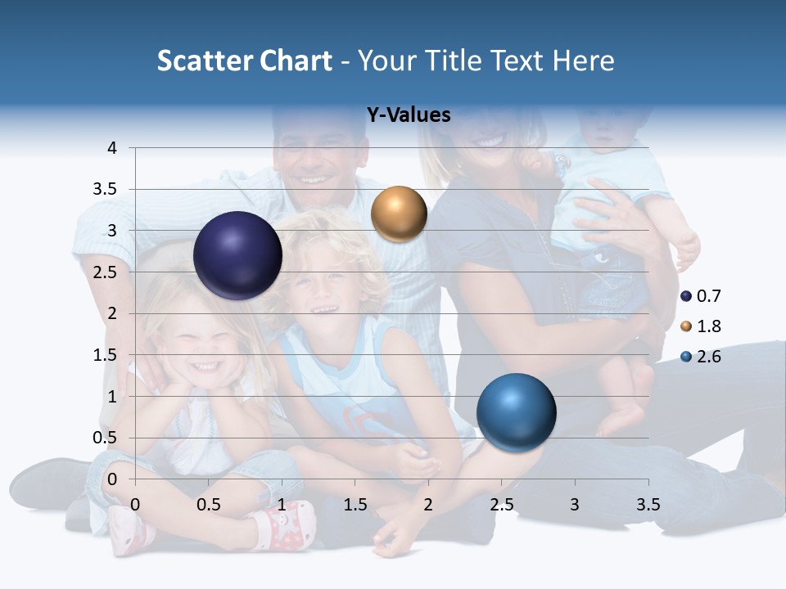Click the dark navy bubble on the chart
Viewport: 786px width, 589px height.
click(237, 255)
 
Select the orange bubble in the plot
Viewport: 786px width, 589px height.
click(399, 214)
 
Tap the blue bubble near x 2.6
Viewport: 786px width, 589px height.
click(516, 412)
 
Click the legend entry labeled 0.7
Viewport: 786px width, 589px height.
click(701, 296)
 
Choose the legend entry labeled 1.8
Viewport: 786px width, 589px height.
click(701, 326)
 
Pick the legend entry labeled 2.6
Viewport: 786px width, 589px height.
click(701, 357)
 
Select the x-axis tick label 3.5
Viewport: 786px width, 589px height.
click(648, 505)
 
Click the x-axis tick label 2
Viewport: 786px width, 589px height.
click(428, 505)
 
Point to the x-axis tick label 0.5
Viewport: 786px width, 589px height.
click(209, 505)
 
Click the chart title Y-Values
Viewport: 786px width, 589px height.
click(409, 115)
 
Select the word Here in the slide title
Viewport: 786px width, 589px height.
click(582, 61)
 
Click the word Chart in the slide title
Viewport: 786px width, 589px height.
click(296, 61)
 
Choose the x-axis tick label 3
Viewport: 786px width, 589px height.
click(575, 505)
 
